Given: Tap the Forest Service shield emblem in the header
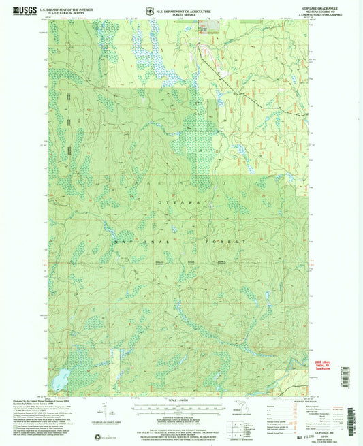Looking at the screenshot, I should pos(150,11).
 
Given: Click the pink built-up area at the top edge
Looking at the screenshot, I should pos(207,29).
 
